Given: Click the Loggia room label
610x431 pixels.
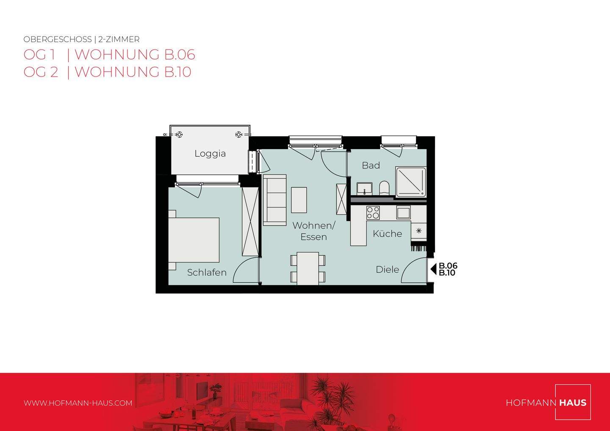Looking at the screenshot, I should [210, 154].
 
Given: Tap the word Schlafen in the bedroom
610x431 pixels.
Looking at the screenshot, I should [207, 273].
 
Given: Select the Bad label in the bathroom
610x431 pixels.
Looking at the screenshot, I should [371, 166].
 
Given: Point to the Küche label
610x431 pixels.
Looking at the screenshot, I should [387, 234].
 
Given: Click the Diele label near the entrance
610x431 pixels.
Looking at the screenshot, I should [387, 270].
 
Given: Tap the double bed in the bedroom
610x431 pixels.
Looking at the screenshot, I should [195, 240].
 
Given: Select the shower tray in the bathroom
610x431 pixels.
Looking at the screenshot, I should [410, 182].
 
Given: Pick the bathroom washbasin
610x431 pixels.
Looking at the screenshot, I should [364, 188].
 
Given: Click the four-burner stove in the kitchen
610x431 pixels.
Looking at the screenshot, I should [373, 213].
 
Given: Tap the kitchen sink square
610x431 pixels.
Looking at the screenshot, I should [403, 212].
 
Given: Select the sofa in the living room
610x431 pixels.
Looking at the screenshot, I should [274, 199].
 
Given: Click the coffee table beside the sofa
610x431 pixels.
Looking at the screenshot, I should [299, 200].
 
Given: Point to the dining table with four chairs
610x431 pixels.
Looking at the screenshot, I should [308, 268].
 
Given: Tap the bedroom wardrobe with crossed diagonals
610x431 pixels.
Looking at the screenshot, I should [250, 222].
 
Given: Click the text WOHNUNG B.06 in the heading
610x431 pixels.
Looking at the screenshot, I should [135, 55].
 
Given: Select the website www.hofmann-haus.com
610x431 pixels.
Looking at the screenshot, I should [78, 403].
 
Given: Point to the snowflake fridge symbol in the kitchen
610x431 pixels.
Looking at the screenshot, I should [419, 231].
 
